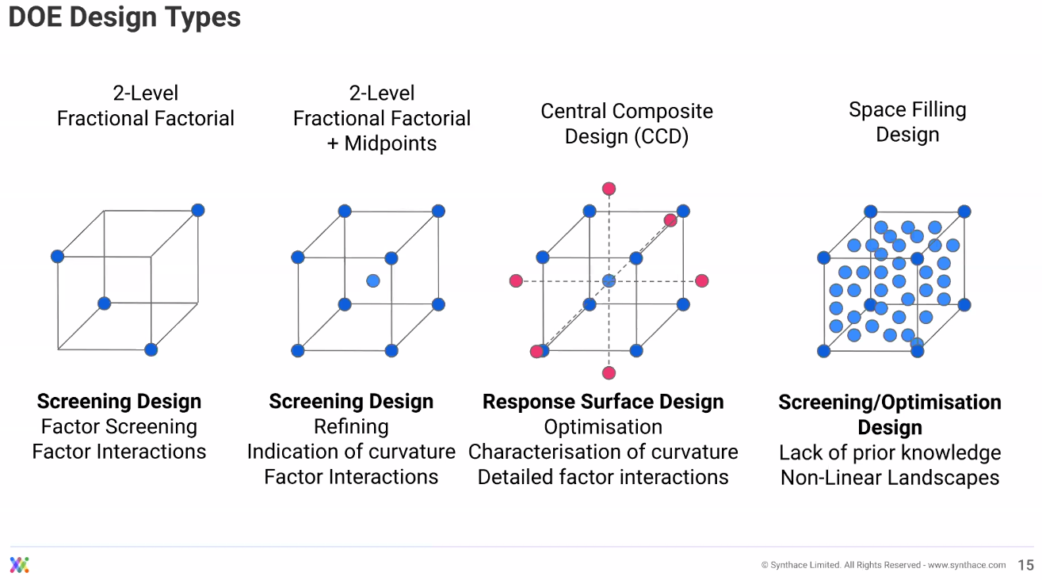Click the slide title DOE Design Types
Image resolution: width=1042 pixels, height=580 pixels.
pos(124,17)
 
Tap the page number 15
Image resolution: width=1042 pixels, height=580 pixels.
pos(1025,565)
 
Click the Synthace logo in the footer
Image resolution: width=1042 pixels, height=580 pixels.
pos(20,565)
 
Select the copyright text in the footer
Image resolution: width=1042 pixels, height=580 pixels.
pos(883,565)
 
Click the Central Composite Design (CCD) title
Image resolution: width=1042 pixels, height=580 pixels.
pos(627,124)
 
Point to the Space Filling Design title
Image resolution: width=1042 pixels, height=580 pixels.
pos(907,122)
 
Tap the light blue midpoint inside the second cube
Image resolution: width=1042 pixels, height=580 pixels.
pos(373,280)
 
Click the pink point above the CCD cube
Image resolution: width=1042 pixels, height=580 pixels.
pos(609,189)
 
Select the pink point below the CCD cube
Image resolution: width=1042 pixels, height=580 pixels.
pos(609,372)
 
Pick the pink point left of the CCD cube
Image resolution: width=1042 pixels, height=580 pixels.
pos(516,280)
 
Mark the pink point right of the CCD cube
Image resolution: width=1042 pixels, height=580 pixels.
pos(701,280)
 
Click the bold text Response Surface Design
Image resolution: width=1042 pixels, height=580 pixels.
pos(603,402)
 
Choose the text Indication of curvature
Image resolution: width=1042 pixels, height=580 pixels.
pos(351,452)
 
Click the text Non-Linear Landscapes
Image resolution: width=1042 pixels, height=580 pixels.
pos(890,478)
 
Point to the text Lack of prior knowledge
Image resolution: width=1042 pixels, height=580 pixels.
pos(890,453)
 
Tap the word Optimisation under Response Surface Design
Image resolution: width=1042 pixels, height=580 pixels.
pos(603,427)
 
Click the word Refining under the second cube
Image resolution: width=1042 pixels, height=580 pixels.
pos(351,427)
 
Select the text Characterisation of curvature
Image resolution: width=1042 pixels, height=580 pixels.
pos(603,452)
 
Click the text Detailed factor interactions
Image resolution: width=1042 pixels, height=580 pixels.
pos(603,477)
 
